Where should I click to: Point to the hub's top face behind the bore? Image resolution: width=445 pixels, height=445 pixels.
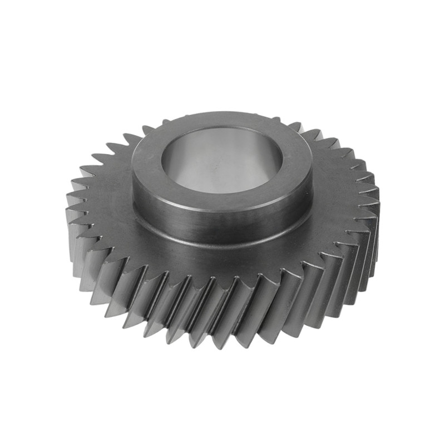222,121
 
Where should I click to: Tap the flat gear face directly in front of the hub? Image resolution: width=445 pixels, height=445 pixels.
222,261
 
